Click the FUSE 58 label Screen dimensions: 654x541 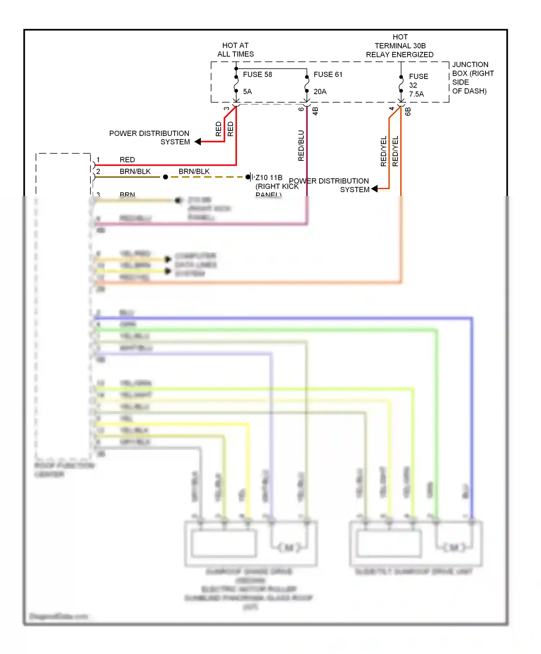[257, 75]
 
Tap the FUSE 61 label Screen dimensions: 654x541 [327, 75]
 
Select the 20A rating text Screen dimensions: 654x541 [320, 92]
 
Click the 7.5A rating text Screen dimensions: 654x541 [416, 94]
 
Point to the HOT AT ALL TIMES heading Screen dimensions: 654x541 [236, 50]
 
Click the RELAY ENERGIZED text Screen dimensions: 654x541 [400, 55]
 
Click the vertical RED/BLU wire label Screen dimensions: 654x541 [301, 145]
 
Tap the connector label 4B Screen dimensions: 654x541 [316, 111]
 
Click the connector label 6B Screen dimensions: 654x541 [408, 111]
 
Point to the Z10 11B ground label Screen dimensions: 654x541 [269, 178]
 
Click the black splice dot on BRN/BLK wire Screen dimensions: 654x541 [166, 177]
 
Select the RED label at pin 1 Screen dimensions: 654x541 [127, 160]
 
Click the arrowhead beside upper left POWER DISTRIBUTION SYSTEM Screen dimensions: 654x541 [198, 142]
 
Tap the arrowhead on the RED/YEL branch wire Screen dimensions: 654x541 [374, 189]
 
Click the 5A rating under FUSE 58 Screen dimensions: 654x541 [247, 92]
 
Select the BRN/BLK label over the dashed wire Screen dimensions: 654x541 [194, 171]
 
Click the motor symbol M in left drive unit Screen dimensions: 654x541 [289, 548]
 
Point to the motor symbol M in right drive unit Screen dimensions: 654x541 [454, 548]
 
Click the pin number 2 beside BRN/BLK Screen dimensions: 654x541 [98, 171]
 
